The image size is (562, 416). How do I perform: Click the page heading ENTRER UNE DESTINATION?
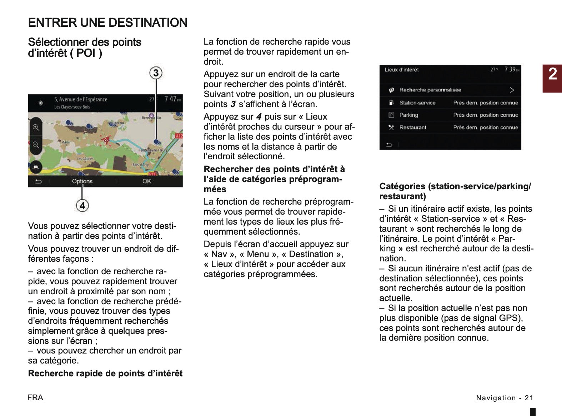click(x=107, y=22)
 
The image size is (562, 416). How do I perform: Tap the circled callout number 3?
click(x=156, y=73)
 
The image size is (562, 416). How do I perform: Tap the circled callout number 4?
click(x=82, y=205)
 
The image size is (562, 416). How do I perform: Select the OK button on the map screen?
click(x=147, y=181)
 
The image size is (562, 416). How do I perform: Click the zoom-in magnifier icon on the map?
click(x=36, y=127)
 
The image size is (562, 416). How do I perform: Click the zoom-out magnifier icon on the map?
click(x=36, y=145)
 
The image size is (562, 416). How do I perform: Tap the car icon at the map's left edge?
click(x=36, y=166)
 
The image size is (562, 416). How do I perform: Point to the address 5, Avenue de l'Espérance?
click(x=81, y=99)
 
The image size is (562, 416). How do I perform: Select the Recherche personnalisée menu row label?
click(x=430, y=90)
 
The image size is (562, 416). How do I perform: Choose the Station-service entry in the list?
click(x=417, y=103)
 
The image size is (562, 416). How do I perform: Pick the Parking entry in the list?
click(x=408, y=115)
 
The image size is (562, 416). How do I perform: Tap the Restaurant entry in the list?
click(x=413, y=127)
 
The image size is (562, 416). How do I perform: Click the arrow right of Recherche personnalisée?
click(x=512, y=90)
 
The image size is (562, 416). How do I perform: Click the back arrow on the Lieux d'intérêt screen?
click(x=389, y=145)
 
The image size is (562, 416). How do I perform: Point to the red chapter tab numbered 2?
click(x=552, y=78)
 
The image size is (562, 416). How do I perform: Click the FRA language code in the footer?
click(x=35, y=398)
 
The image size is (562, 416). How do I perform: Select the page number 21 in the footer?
click(x=529, y=398)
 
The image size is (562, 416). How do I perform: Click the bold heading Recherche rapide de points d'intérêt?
click(x=105, y=374)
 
